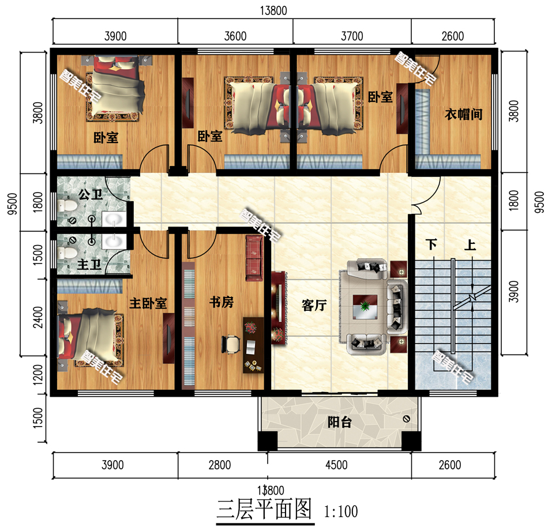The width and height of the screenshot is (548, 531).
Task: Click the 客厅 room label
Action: coord(314,306)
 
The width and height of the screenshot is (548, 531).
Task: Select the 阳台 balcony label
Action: coord(339,422)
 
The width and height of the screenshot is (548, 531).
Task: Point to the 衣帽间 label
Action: coord(463,114)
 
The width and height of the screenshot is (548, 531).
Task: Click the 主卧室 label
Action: coord(148,303)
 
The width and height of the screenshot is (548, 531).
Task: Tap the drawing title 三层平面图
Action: coord(264,509)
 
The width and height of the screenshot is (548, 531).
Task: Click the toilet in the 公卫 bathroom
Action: coord(67,206)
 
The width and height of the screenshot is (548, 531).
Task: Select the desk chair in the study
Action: coord(231,344)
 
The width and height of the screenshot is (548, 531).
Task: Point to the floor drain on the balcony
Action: coord(407,419)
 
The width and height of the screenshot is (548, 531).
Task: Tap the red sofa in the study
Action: coord(254,258)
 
